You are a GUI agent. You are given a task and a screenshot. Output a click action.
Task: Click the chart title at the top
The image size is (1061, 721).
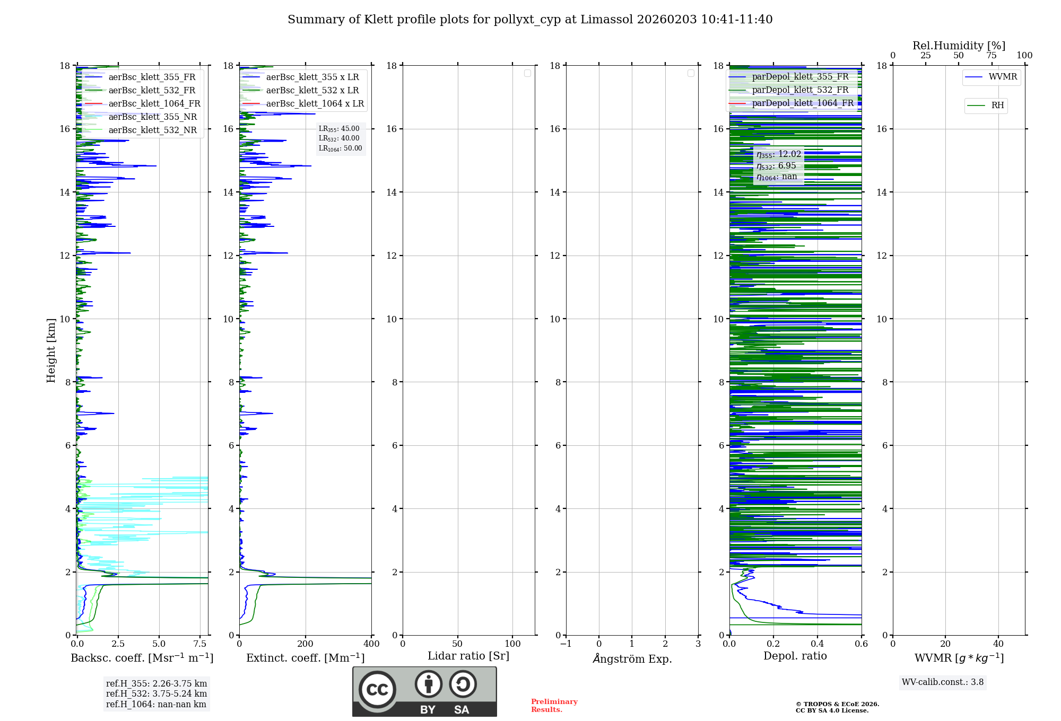tap(530, 20)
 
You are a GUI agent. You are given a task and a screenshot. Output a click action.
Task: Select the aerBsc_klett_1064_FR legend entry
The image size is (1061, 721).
tap(154, 104)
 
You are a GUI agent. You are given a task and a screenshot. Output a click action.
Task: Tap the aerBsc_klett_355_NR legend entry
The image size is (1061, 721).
tap(152, 117)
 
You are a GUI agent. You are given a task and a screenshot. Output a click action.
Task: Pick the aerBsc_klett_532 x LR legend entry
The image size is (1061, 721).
tap(312, 91)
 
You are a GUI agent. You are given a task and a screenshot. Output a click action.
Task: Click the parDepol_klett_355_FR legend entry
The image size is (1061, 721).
tap(800, 77)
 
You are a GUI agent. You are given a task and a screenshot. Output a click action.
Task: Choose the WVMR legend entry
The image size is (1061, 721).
tap(1002, 77)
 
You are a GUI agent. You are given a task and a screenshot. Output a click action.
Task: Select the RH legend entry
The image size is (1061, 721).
tap(997, 105)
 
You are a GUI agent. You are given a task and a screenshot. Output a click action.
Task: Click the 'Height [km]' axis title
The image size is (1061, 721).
tap(51, 350)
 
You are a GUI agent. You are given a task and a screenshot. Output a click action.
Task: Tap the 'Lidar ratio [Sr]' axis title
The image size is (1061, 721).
tap(468, 656)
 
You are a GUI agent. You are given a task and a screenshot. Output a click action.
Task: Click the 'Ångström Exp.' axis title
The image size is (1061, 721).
tap(632, 659)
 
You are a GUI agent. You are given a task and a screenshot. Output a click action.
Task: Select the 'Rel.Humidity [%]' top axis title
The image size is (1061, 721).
tap(959, 46)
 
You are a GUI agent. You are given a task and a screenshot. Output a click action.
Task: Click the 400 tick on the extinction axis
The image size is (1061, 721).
tap(371, 644)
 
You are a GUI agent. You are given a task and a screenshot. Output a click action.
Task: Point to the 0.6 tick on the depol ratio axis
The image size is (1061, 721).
tap(861, 644)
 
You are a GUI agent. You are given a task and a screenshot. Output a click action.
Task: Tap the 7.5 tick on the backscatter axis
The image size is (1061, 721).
tap(200, 644)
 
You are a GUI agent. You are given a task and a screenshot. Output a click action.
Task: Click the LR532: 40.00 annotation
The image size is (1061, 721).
tap(339, 138)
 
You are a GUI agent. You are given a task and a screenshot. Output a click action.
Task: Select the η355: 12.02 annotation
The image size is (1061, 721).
tap(778, 154)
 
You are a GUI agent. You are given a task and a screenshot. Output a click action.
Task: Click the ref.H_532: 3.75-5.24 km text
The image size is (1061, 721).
tap(156, 694)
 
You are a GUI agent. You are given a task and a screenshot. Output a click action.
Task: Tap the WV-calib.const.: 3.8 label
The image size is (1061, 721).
tap(942, 682)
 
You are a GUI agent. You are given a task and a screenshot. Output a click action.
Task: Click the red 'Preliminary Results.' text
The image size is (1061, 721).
tap(554, 706)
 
